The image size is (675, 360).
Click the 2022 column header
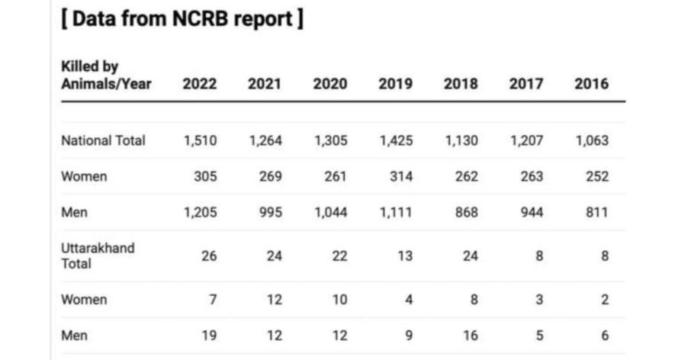[199, 84]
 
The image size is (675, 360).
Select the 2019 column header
[395, 84]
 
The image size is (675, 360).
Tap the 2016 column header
[591, 84]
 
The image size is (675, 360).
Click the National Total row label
[103, 140]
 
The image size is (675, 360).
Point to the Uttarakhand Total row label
[98, 256]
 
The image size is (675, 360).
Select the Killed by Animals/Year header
[106, 75]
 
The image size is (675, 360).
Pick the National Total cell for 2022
[200, 140]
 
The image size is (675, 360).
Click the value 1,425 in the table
[396, 140]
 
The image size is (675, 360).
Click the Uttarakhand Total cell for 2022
[208, 256]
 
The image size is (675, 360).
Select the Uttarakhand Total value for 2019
[404, 256]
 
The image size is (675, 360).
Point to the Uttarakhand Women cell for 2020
[339, 300]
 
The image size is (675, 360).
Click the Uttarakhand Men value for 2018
[470, 336]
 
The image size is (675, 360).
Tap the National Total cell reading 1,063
[591, 140]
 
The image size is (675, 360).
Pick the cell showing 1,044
[330, 213]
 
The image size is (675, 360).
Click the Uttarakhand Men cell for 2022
[208, 336]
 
